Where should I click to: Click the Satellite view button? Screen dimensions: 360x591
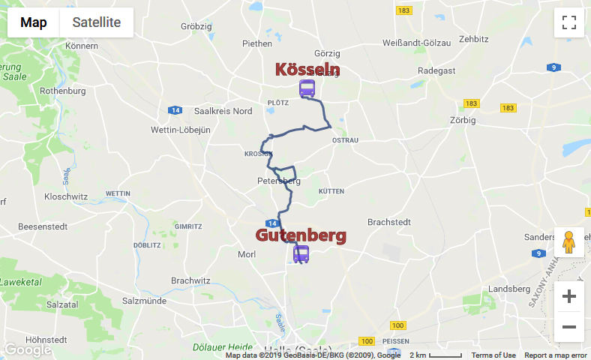tap(96, 22)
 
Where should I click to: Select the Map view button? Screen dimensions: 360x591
tap(34, 22)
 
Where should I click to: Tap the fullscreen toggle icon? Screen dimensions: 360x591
tap(568, 22)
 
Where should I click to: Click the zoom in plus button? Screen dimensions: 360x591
tap(568, 296)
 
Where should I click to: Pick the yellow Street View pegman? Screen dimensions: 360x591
tap(568, 242)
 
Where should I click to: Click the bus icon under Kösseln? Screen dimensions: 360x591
tap(307, 89)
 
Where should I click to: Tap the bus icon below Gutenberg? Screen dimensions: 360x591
tap(301, 254)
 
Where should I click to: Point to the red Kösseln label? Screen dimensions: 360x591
tap(307, 70)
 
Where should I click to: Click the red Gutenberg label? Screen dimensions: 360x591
tap(301, 235)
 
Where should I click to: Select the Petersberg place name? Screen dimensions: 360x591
tap(278, 181)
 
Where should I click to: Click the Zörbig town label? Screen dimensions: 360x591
tap(463, 119)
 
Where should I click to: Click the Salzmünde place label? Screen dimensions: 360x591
tap(147, 300)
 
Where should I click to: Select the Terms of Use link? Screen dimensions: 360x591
tap(493, 355)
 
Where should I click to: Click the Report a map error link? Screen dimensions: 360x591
tap(555, 355)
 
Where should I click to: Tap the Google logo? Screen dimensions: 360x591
tap(28, 349)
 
